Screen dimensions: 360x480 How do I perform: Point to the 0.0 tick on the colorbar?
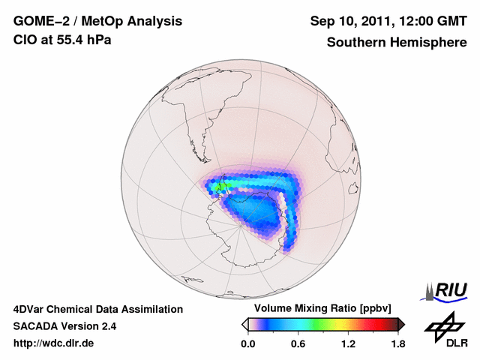coord(248,344)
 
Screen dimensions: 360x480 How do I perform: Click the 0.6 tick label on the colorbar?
coord(298,344)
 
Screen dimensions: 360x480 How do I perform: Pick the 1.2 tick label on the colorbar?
coord(348,344)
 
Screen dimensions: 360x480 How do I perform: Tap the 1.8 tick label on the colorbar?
coord(397,344)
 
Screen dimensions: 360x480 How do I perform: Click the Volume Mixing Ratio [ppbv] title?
coord(323,309)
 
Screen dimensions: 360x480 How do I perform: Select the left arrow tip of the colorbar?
coord(244,324)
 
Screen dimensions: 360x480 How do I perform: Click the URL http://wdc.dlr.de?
coord(54,343)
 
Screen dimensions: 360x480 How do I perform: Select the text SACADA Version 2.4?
coord(64,326)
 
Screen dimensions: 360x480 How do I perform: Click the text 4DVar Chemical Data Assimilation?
coord(97,309)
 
